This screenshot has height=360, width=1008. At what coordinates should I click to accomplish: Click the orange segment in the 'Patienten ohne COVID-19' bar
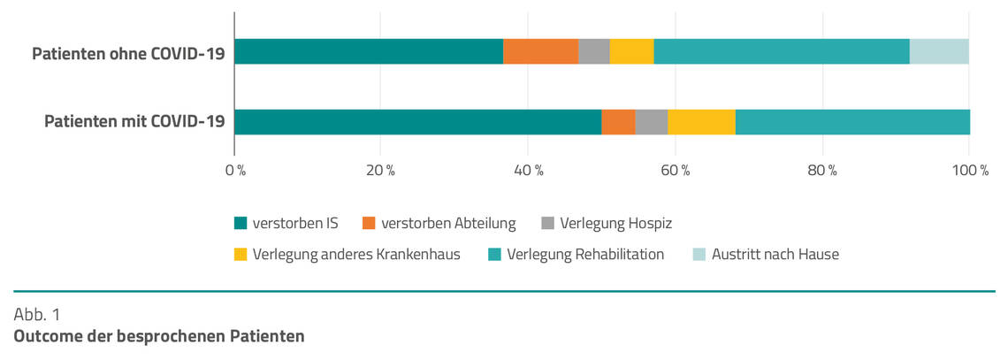coord(540,51)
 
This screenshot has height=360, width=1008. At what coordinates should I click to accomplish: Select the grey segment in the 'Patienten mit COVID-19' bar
coord(651,122)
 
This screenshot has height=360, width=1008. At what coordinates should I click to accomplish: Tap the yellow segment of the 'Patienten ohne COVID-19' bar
coord(631,51)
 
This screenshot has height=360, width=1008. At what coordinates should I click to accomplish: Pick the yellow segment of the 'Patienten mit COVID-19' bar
coord(701,122)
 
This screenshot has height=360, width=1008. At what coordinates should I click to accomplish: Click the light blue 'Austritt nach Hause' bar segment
coord(939,51)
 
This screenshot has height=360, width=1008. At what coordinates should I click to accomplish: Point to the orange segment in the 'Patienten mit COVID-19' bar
coord(618,122)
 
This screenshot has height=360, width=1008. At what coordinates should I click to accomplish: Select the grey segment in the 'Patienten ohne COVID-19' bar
coord(593,51)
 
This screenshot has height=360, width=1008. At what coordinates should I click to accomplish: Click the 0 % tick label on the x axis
coord(235,170)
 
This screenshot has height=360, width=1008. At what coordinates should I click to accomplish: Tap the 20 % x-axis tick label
coord(380,170)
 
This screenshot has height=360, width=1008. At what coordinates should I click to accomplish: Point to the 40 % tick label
coord(528,170)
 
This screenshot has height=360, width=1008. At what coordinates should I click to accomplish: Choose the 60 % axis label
coord(675,170)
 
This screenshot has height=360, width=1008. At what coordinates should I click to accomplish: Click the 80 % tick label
coord(821,170)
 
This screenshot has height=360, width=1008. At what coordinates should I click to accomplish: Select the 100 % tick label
coord(968,170)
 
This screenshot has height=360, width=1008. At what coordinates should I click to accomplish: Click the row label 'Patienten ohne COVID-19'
coord(128,53)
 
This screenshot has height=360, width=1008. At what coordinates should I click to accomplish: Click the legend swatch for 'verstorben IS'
coord(241,224)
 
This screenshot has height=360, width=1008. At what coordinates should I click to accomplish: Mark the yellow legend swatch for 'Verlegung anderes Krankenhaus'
coord(241,255)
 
